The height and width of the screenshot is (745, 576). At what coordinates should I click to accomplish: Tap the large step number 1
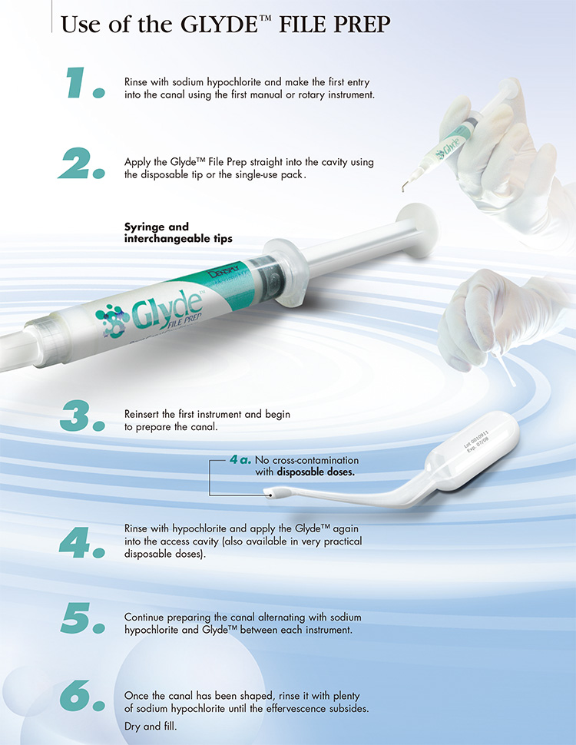pyautogui.click(x=85, y=83)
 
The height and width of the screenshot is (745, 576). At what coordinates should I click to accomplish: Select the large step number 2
pyautogui.click(x=81, y=163)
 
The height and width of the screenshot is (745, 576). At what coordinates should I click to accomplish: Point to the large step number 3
pyautogui.click(x=82, y=416)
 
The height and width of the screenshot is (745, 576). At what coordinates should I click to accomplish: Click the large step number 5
pyautogui.click(x=83, y=618)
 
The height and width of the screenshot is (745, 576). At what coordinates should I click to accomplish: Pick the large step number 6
pyautogui.click(x=82, y=696)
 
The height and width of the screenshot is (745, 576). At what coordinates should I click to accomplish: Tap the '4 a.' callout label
pyautogui.click(x=240, y=459)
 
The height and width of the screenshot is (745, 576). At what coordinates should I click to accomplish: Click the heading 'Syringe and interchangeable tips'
pyautogui.click(x=178, y=233)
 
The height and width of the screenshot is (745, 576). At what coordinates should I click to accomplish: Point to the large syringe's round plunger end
pyautogui.click(x=417, y=230)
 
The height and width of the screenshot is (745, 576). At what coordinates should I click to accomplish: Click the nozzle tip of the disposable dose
pyautogui.click(x=271, y=495)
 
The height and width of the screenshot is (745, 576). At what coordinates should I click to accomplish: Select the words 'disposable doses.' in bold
pyautogui.click(x=316, y=472)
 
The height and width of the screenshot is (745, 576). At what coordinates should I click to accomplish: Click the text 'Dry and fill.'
pyautogui.click(x=151, y=727)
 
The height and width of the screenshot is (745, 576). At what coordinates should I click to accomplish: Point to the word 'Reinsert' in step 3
pyautogui.click(x=141, y=414)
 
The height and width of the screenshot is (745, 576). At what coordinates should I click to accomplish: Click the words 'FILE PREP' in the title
pyautogui.click(x=335, y=25)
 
